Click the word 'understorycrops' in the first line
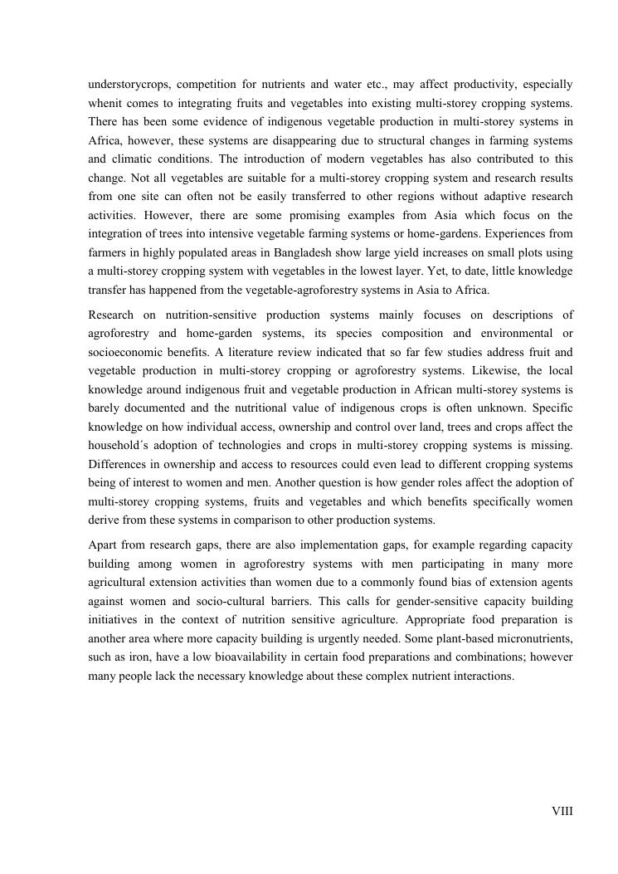pos(129,85)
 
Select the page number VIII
pos(562,811)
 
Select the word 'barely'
pos(104,408)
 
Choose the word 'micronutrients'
pos(533,638)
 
